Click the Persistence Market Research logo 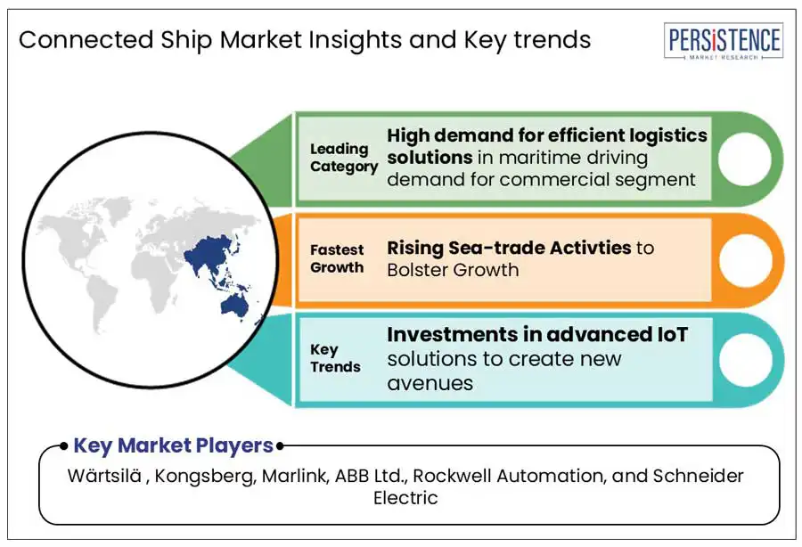click(x=724, y=42)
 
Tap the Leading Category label click(x=343, y=158)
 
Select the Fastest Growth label click(x=337, y=258)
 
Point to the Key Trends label click(x=335, y=358)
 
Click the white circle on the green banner click(x=744, y=159)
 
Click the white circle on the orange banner click(x=744, y=259)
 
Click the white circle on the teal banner click(x=744, y=359)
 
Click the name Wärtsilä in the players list click(x=106, y=476)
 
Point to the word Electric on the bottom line click(x=405, y=498)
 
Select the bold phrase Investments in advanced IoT click(x=537, y=335)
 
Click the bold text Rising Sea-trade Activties click(x=508, y=247)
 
